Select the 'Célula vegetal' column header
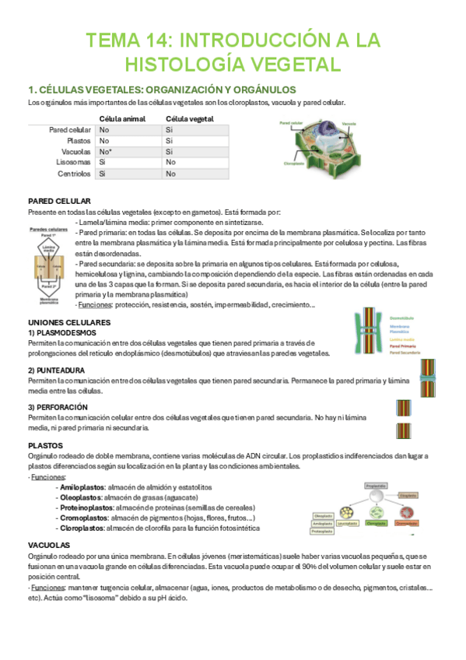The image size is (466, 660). (190, 118)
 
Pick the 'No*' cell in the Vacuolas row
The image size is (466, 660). (107, 152)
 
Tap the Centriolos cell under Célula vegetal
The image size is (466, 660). (170, 174)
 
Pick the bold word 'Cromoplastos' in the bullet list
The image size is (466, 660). (84, 518)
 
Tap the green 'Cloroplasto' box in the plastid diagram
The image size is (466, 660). (376, 523)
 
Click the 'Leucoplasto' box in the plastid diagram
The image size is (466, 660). (348, 523)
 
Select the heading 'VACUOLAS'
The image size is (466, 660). (48, 545)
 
